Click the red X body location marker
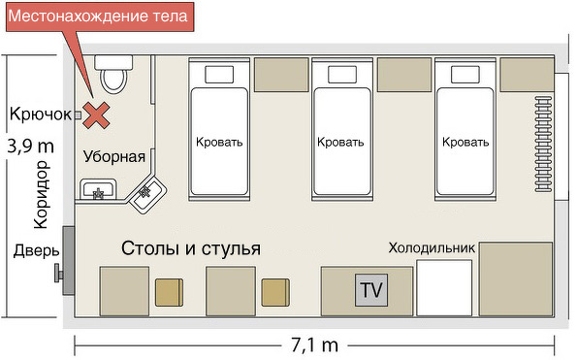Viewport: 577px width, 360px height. tap(96, 115)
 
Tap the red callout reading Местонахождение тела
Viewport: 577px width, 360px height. tap(99, 16)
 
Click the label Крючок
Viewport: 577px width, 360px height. tap(41, 114)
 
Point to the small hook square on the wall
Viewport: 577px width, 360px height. tap(78, 115)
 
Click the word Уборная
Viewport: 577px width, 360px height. tap(114, 157)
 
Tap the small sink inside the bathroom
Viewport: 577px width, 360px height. tap(98, 189)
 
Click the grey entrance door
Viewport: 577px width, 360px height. tap(69, 261)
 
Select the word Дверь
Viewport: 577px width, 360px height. tap(36, 251)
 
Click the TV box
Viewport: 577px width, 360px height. tap(371, 290)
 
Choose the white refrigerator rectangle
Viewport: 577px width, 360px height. tap(444, 288)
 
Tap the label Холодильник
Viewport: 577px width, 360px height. tap(432, 248)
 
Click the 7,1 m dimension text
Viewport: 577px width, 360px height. tap(314, 345)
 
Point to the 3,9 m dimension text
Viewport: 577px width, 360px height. tap(30, 147)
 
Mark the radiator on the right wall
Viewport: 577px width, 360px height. tap(543, 144)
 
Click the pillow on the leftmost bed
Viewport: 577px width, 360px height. tap(219, 75)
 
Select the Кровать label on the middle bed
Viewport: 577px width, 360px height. tap(340, 142)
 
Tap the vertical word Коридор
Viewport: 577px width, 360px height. tap(41, 194)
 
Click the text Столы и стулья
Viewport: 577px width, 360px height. tap(191, 248)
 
